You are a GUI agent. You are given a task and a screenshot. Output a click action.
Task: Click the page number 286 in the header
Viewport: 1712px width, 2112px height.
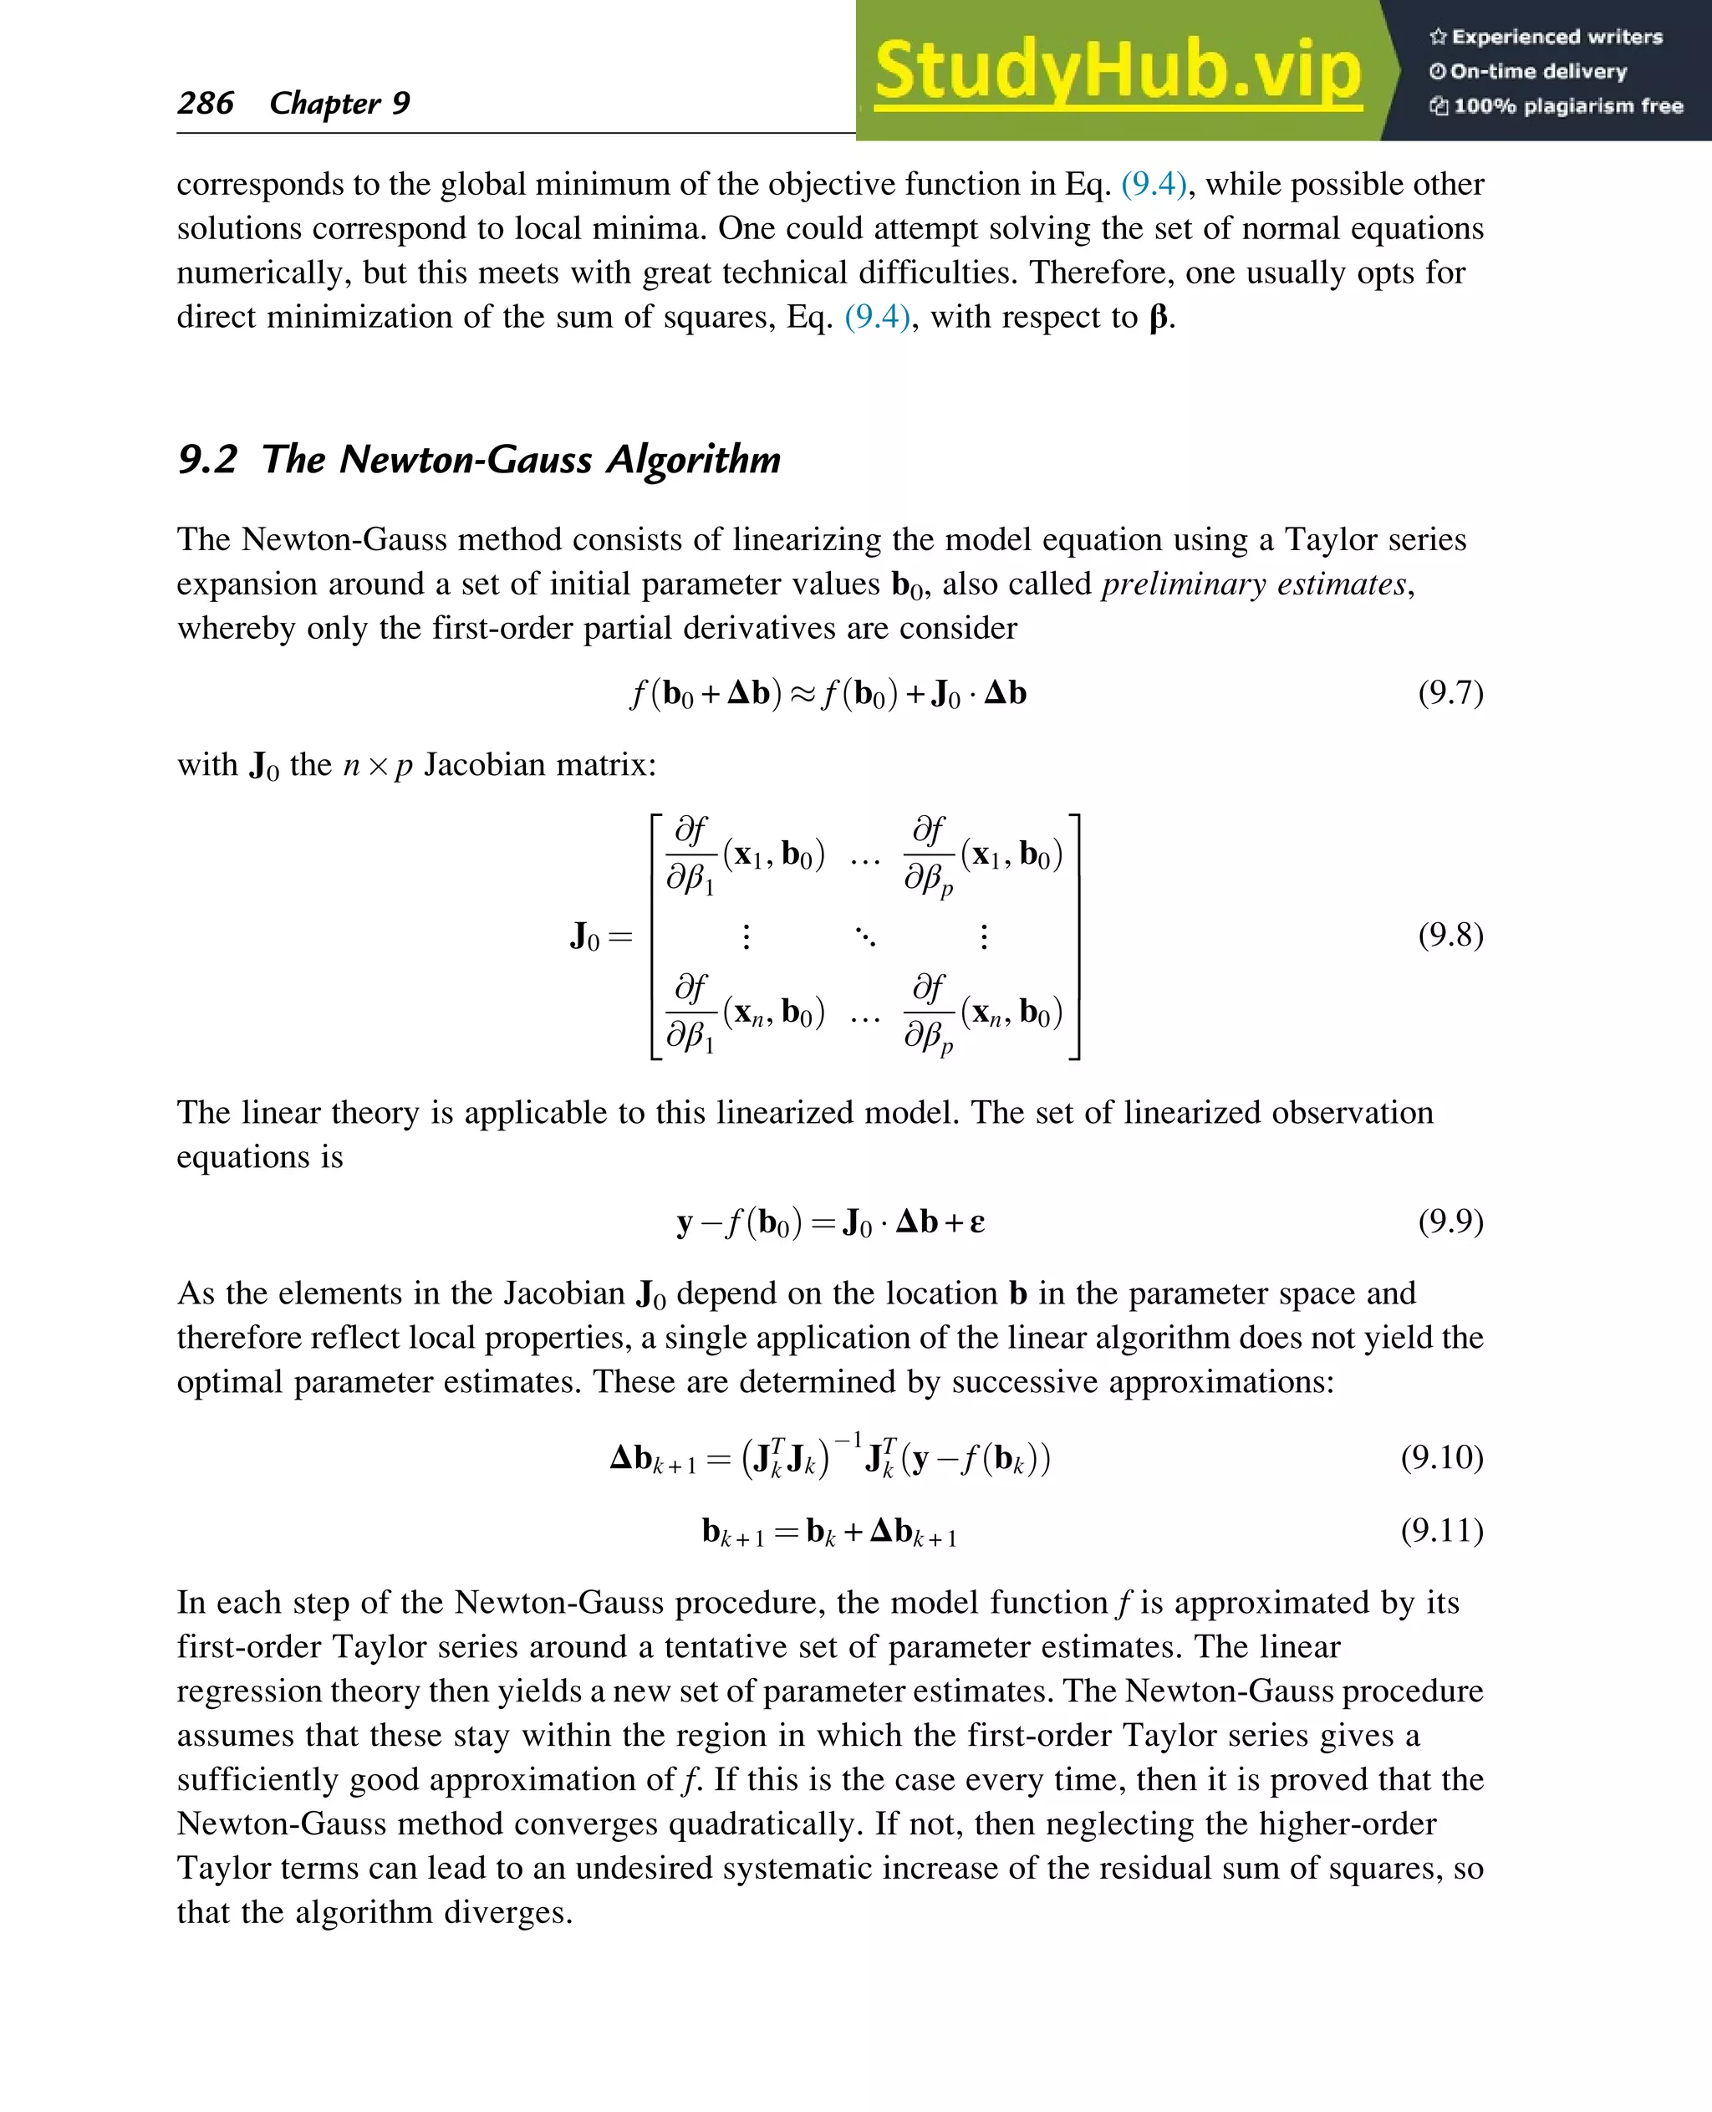point(205,103)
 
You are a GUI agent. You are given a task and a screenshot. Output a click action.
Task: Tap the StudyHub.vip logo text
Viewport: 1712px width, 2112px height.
point(1118,71)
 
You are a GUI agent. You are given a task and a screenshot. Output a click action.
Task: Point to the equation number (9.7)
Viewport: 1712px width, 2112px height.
point(1450,692)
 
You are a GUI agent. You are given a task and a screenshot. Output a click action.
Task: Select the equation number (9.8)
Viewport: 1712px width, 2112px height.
point(1450,934)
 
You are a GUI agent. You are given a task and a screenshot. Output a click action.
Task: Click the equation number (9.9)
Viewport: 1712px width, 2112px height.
point(1450,1222)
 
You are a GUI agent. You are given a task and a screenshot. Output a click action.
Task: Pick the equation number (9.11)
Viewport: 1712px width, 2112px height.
point(1442,1530)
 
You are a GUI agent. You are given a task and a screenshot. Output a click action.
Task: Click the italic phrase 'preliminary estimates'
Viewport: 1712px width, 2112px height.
point(1252,584)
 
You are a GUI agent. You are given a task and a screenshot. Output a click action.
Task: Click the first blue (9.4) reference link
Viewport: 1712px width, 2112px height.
point(1153,185)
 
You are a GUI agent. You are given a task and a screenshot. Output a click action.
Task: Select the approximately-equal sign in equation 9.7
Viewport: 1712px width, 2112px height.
point(802,695)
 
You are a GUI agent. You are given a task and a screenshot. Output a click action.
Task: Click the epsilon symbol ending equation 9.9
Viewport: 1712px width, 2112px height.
point(976,1223)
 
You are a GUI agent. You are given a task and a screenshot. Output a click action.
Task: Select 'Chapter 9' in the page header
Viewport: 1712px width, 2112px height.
point(339,103)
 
